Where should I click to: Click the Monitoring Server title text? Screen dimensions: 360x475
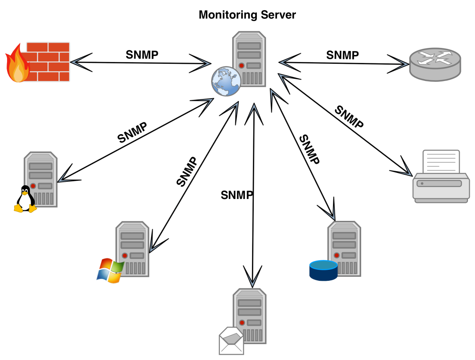pos(247,15)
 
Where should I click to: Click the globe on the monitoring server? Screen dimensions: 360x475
pos(226,81)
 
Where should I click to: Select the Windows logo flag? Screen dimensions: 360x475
pos(110,271)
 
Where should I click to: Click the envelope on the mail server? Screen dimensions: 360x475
pos(231,341)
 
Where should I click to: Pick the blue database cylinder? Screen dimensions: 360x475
pos(323,270)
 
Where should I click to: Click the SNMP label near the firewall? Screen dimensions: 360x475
pos(142,55)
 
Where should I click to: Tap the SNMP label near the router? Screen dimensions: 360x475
pos(342,55)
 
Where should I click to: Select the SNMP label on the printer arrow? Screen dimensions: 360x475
pos(349,117)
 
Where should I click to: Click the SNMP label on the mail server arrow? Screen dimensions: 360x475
pos(237,195)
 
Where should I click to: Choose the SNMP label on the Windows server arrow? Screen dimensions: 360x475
pos(186,171)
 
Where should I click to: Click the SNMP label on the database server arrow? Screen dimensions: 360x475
pos(309,150)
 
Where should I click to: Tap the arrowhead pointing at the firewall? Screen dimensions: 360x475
pos(79,61)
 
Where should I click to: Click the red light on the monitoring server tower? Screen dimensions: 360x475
pos(241,66)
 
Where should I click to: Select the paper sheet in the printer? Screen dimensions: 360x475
pos(441,162)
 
